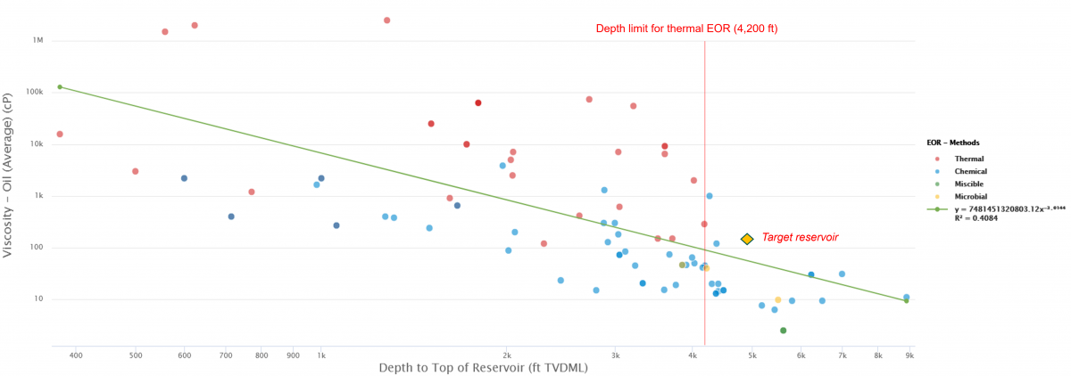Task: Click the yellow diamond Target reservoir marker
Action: click(747, 239)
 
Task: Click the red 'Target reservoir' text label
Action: click(799, 238)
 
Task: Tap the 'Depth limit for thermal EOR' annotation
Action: click(686, 29)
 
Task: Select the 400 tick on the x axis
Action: click(75, 355)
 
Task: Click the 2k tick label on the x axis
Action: click(505, 355)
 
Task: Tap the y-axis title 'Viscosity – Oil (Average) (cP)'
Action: click(8, 179)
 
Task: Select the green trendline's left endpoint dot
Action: click(60, 86)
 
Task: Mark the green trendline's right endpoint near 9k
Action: click(906, 300)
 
